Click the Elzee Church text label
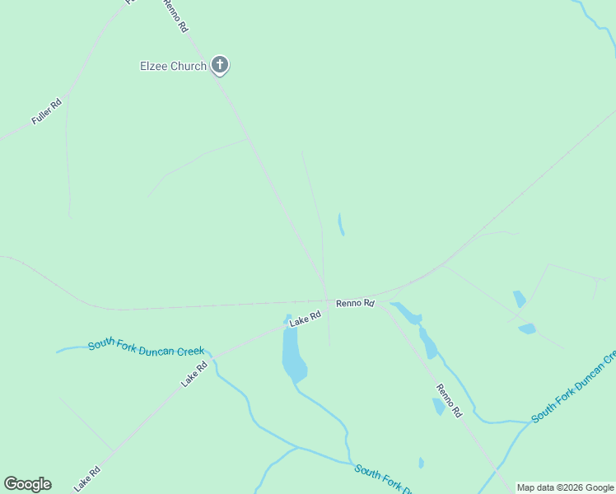173,66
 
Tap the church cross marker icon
219,64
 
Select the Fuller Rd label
46,112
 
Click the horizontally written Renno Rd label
355,303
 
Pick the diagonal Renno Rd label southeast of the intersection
449,399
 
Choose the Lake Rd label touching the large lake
304,317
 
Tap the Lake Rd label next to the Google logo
86,478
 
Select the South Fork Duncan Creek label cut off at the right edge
574,387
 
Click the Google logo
27,483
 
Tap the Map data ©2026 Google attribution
565,487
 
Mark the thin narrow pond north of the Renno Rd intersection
341,224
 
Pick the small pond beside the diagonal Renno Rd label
439,406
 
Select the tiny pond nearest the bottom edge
421,463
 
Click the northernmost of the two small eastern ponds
519,299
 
